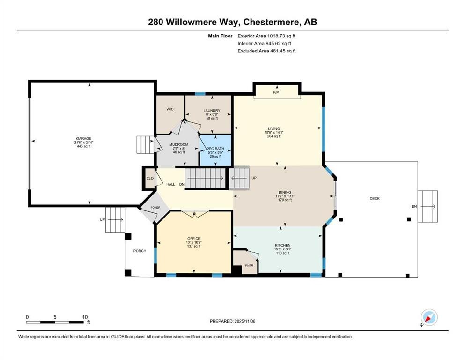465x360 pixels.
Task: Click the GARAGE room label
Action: [84, 139]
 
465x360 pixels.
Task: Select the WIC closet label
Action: [170, 109]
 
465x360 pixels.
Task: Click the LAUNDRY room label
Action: [212, 111]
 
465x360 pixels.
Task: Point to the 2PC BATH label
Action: [216, 149]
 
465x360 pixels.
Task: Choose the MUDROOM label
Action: [178, 144]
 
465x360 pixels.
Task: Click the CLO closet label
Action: [150, 178]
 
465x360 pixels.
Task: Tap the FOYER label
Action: [155, 207]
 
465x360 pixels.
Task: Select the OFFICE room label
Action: [193, 239]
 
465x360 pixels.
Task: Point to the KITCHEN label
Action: [283, 245]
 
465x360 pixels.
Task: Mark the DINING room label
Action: [285, 192]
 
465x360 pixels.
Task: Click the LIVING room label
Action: [274, 128]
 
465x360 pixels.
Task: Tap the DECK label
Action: [375, 199]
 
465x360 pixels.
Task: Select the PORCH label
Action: [140, 250]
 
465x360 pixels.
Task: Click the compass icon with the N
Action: [429, 318]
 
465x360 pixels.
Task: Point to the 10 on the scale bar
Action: [85, 317]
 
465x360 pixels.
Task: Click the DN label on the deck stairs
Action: [413, 206]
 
